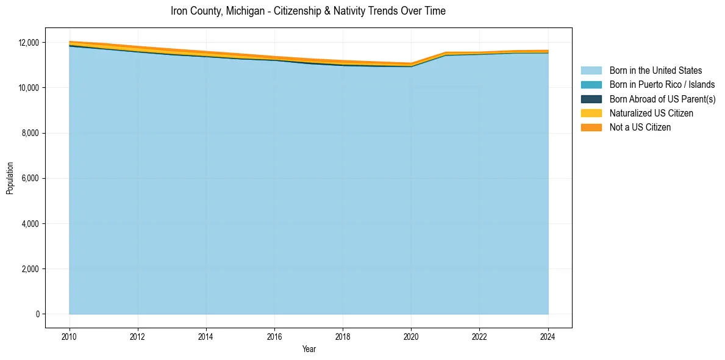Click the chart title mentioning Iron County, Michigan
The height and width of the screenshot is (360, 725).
(x=308, y=11)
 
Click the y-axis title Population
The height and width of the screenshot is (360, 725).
(x=10, y=178)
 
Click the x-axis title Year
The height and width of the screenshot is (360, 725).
(x=309, y=349)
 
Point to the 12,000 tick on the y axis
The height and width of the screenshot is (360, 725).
(x=28, y=43)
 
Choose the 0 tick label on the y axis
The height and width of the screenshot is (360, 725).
(x=37, y=314)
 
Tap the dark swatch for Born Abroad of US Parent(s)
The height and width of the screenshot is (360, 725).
(x=591, y=99)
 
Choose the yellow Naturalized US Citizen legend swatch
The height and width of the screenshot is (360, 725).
(x=591, y=113)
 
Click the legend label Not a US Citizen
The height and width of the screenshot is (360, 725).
(x=640, y=128)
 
